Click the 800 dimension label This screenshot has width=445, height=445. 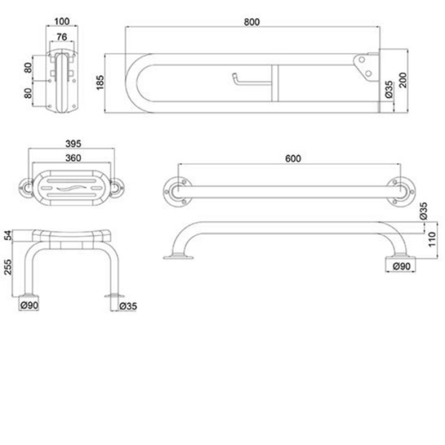252,22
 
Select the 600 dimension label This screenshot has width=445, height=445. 293,159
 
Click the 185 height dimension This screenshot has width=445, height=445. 100,83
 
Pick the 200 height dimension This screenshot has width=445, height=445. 405,81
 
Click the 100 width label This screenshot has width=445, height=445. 61,22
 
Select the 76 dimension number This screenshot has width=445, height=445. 61,37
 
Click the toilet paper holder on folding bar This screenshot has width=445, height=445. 245,81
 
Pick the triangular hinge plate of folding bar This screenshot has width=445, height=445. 365,66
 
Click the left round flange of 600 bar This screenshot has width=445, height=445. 177,191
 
